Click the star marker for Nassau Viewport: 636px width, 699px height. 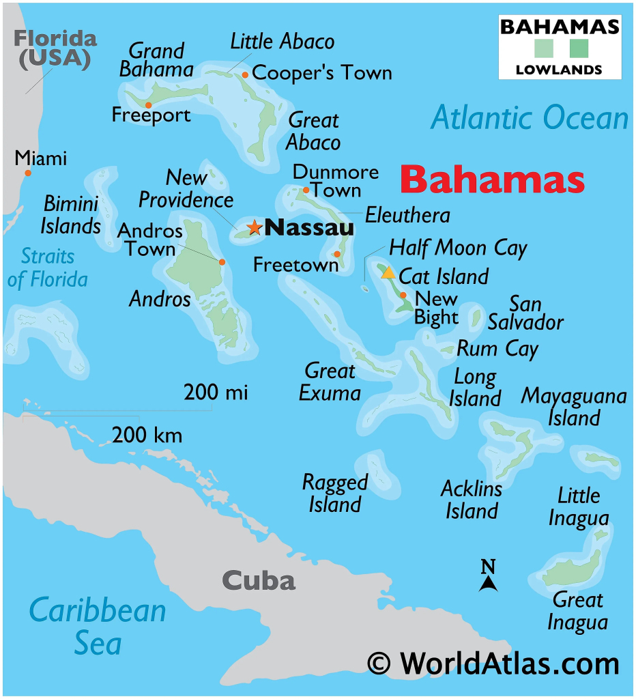(255, 227)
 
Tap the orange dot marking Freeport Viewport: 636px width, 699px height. (148, 105)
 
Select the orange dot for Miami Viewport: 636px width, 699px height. (28, 173)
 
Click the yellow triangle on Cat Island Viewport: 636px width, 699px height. (388, 273)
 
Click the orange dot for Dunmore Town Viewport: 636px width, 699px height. (306, 190)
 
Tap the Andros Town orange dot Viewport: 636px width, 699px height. (222, 261)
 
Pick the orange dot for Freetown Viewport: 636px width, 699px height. (337, 254)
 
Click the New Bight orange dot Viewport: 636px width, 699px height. (403, 296)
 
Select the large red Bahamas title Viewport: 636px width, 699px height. (492, 180)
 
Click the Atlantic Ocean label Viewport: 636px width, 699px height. (530, 118)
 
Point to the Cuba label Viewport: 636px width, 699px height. (259, 581)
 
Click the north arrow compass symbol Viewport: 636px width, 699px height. (487, 576)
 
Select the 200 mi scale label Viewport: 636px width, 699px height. (216, 393)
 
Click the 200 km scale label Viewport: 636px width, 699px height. (147, 435)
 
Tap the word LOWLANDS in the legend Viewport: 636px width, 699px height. (559, 69)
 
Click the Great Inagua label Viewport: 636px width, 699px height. (578, 611)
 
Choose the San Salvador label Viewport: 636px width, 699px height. (525, 313)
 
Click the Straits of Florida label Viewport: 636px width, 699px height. (47, 268)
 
